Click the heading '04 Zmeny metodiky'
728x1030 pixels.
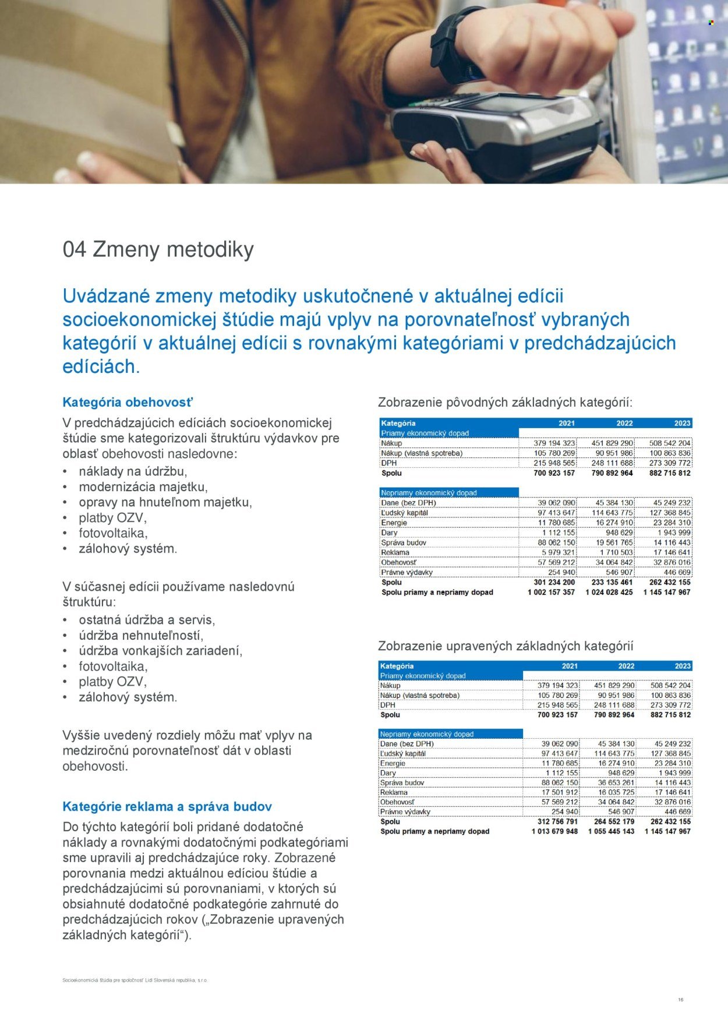[158, 249]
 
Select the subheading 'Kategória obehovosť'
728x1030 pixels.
[128, 402]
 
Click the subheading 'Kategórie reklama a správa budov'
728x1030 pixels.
[167, 807]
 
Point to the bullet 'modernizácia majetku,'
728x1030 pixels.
[143, 486]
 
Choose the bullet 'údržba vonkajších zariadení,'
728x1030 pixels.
[161, 651]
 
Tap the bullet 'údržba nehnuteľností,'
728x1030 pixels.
[141, 636]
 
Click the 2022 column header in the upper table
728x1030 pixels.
[624, 424]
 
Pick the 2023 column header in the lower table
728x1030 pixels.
[683, 666]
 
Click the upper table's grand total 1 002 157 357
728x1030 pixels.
[551, 592]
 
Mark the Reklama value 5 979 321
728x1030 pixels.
[558, 552]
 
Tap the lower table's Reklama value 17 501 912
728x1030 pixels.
[559, 792]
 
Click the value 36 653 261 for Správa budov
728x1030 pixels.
[616, 783]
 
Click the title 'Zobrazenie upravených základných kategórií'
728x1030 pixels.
[506, 646]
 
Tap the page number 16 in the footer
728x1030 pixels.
[680, 1000]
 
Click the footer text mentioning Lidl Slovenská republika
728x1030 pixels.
[135, 980]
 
